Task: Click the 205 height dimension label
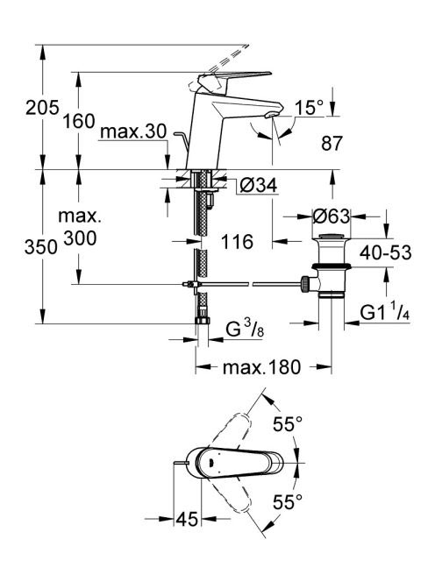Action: tap(42, 108)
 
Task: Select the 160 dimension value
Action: tap(78, 121)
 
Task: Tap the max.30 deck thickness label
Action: tap(133, 131)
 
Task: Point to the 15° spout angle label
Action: tap(309, 108)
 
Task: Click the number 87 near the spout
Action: tap(332, 143)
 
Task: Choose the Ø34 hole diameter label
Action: tap(259, 185)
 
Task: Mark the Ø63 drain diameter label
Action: tap(332, 216)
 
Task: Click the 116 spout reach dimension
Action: tap(237, 242)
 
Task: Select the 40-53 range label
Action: tap(386, 253)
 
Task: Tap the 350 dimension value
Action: tap(41, 247)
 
